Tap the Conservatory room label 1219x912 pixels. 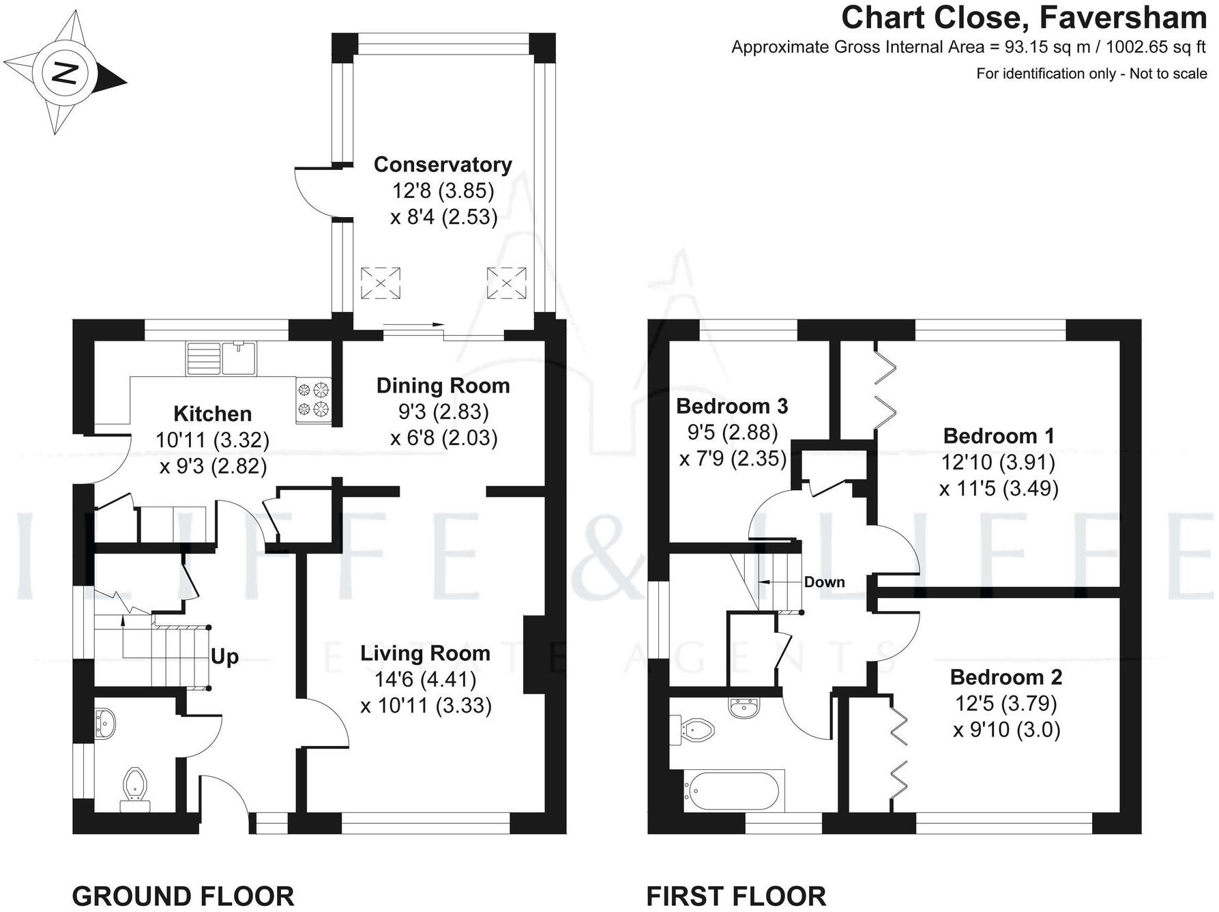coord(443,165)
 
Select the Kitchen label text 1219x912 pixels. coord(212,414)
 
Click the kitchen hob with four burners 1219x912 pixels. coord(313,399)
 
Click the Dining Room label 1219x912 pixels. coord(443,386)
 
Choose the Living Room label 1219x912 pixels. coord(425,653)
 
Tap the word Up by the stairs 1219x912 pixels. coord(224,657)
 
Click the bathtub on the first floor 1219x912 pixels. coord(731,791)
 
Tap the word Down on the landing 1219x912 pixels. coord(824,582)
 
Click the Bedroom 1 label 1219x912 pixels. coord(999,436)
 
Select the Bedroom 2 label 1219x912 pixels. coord(1006,677)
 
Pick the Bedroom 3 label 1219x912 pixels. coord(732,406)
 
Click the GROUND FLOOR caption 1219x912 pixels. coord(183,896)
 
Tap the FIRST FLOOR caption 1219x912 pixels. coord(736,896)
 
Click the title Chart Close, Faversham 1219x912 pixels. coord(1024,18)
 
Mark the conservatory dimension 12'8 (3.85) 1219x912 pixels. coord(443,190)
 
